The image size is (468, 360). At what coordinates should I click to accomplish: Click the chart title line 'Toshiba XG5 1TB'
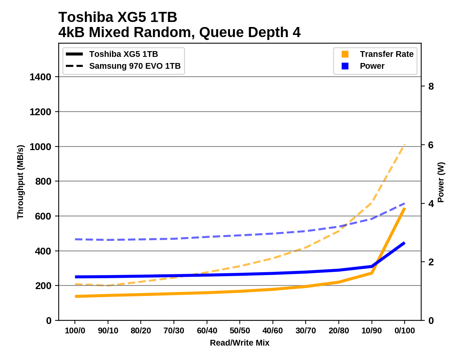point(118,17)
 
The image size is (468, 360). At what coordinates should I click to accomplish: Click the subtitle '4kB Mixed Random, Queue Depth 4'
point(179,32)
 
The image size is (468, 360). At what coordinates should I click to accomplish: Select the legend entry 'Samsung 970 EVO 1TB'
point(135,66)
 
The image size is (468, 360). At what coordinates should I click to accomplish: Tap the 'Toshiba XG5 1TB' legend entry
point(123,54)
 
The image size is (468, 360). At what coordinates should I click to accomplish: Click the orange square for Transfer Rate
point(345,54)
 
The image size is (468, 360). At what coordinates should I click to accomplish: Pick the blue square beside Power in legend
point(345,66)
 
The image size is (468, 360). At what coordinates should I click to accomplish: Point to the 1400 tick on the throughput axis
point(40,77)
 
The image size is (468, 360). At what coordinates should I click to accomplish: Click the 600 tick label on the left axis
point(43,216)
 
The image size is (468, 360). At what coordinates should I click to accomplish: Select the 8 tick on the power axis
point(431,86)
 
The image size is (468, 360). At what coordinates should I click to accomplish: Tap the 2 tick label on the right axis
point(431,262)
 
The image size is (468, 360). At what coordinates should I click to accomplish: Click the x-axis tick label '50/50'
point(240,331)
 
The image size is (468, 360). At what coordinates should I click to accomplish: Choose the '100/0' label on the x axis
point(75,331)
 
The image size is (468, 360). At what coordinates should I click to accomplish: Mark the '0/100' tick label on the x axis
point(405,331)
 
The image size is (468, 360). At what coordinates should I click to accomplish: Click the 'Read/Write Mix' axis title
point(240,343)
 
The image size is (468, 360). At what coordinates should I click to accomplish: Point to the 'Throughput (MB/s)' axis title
point(20,182)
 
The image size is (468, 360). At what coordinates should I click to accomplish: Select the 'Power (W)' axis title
point(441,182)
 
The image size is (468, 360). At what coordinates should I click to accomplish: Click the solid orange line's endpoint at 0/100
point(405,208)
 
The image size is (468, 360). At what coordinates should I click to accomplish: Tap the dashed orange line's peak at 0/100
point(405,145)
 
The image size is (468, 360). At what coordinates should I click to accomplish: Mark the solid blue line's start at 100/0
point(75,277)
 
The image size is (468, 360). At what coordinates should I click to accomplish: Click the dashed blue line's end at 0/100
point(405,204)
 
